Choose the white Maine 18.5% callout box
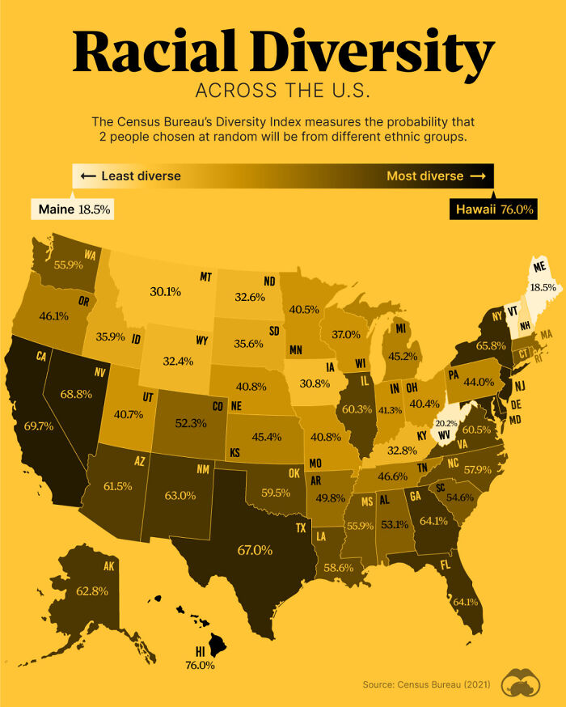(73, 209)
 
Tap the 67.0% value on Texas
(255, 550)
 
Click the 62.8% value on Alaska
(91, 591)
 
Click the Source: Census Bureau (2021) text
(426, 685)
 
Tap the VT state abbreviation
(511, 309)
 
